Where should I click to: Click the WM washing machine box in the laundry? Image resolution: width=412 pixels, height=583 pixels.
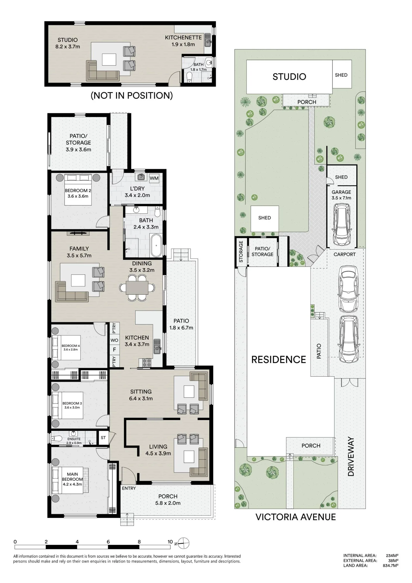pos(154,178)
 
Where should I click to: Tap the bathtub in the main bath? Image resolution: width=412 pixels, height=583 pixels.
pos(157,245)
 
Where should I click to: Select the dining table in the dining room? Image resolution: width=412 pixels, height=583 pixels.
pos(137,288)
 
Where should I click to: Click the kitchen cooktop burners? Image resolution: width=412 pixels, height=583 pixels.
pos(147,362)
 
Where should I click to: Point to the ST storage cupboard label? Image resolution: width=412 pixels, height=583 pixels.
pos(103,438)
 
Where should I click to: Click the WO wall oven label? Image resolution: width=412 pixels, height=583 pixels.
pos(114,340)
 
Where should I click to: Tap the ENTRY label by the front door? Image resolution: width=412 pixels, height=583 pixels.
pos(129,488)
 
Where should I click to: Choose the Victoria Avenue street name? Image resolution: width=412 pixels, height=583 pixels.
pos(296,517)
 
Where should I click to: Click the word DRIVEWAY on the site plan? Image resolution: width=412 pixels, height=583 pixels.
pos(351,456)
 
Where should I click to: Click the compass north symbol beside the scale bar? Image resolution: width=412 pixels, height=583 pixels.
pos(183,543)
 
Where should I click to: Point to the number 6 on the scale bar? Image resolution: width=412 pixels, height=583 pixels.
pos(108,542)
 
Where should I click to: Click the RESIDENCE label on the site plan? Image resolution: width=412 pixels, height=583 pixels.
pos(278,359)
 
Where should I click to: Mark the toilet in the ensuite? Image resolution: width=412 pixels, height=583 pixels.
pos(57,438)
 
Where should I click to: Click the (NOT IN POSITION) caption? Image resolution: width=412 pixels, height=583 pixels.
pos(132,95)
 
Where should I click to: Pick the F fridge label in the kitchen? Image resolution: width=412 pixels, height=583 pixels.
pos(114,349)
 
